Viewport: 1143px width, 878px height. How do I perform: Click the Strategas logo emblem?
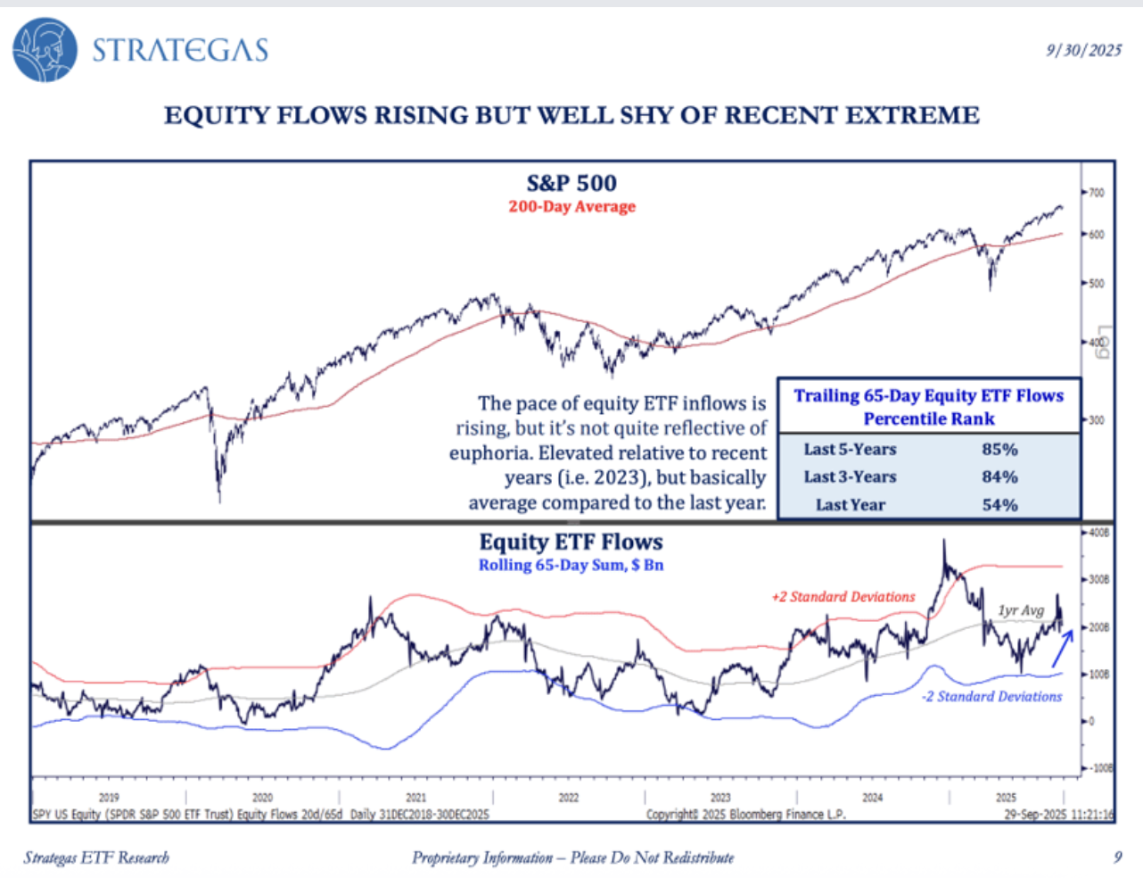(x=45, y=49)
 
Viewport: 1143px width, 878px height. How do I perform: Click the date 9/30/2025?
(x=1083, y=50)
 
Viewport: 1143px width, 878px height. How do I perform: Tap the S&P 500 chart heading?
(x=571, y=183)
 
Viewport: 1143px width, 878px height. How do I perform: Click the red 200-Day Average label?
(x=571, y=206)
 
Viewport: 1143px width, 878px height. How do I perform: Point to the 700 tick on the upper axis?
(x=1096, y=193)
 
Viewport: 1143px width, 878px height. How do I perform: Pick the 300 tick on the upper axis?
(x=1096, y=419)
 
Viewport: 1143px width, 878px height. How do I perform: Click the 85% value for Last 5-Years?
(x=999, y=450)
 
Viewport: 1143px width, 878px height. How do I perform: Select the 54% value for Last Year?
(x=999, y=505)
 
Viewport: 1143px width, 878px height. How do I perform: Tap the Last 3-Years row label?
(x=850, y=477)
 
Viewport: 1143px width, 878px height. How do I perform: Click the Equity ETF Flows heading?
(x=571, y=542)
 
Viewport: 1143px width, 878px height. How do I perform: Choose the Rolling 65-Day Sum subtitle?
(x=571, y=565)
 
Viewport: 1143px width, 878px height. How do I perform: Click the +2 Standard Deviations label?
(x=843, y=597)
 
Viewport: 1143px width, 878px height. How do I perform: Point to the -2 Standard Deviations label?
(x=991, y=696)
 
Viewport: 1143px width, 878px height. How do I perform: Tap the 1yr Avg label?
(x=1021, y=610)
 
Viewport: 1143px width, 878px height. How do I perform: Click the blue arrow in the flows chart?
(x=1062, y=649)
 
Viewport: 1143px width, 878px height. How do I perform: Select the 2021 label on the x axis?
(x=415, y=798)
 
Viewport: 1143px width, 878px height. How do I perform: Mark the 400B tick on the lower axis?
(x=1098, y=533)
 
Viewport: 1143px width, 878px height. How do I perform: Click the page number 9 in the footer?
(x=1117, y=857)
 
